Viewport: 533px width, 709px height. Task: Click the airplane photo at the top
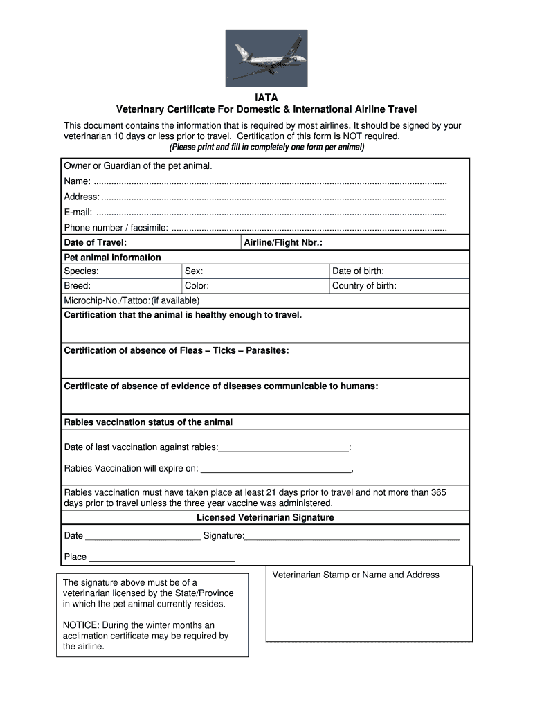[266, 57]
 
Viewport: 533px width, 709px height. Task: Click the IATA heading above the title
[266, 98]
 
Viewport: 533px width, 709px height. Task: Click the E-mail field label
[78, 213]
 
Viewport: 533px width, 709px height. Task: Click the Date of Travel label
[95, 243]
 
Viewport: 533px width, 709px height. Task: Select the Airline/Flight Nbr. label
[283, 243]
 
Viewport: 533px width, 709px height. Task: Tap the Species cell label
[81, 271]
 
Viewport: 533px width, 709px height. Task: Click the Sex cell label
[194, 271]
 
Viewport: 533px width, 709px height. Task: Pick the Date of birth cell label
[358, 271]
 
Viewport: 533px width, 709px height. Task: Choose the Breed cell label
[78, 286]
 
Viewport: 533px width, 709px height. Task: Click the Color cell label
[197, 286]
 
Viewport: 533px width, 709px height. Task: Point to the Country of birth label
[364, 286]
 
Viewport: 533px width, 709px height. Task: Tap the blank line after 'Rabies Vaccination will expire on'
[275, 470]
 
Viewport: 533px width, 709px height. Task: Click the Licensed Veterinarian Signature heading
[265, 518]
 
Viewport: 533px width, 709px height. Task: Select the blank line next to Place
[162, 559]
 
